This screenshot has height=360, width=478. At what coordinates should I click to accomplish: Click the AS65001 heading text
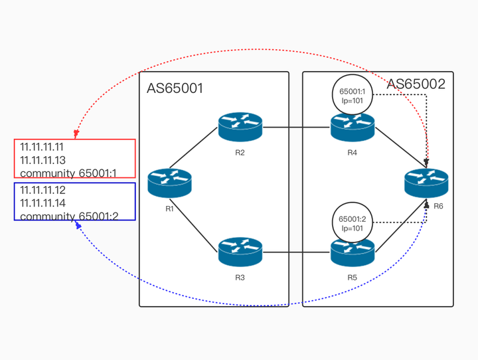pyautogui.click(x=175, y=88)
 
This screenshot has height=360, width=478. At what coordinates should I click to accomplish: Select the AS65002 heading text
pyautogui.click(x=416, y=84)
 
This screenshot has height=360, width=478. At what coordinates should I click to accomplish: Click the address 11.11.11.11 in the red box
pyautogui.click(x=42, y=147)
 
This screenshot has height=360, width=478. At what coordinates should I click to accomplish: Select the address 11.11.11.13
pyautogui.click(x=42, y=160)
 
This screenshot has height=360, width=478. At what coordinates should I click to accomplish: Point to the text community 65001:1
pyautogui.click(x=68, y=173)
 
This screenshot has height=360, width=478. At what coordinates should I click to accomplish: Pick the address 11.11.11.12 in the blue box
pyautogui.click(x=42, y=190)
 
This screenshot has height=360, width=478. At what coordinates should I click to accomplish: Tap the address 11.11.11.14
pyautogui.click(x=42, y=203)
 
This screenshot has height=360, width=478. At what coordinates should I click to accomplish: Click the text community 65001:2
pyautogui.click(x=68, y=215)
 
